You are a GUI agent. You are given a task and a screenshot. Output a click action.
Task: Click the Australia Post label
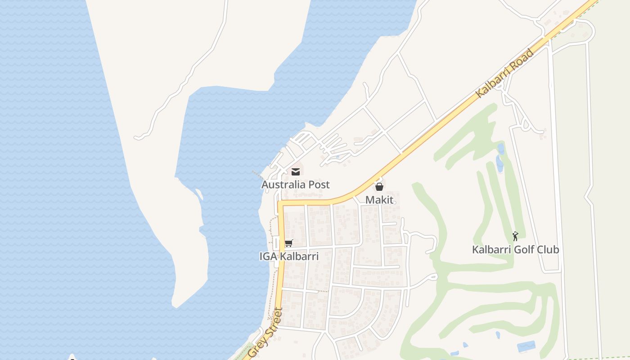295,184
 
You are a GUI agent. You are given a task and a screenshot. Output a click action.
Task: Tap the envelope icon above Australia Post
296,171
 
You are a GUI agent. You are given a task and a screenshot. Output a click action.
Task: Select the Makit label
379,200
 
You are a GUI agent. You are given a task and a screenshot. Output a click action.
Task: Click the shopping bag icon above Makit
379,187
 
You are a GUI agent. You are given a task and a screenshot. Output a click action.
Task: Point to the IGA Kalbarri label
289,256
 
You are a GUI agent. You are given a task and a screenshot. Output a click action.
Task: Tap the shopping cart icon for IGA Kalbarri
288,243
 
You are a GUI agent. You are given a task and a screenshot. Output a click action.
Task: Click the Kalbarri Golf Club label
515,249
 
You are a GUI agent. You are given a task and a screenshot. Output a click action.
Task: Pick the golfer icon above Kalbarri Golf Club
515,236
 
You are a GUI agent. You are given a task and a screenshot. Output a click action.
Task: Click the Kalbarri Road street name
504,73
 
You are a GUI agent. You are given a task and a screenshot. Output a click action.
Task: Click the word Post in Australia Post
319,184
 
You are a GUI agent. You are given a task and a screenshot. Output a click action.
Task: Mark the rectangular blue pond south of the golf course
526,346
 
